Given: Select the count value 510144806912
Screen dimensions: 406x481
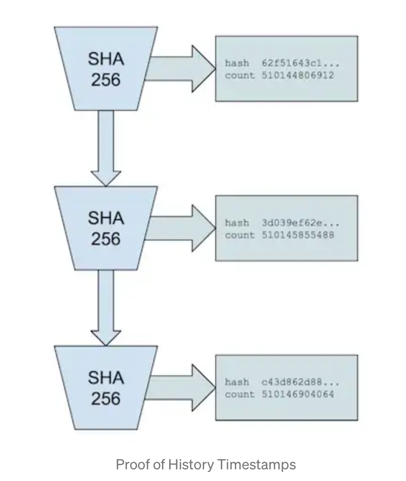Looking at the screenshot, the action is point(298,75).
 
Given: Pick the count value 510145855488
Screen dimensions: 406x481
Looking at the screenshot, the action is point(298,235).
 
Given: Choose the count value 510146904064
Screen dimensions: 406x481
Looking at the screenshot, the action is point(298,394).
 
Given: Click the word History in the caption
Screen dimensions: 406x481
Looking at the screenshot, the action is point(191,465).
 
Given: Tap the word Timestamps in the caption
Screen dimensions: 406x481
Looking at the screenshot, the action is point(256,465).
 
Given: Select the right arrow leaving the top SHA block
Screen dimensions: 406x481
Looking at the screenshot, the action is point(180,69).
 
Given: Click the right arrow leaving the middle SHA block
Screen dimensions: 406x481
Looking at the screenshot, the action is point(180,228).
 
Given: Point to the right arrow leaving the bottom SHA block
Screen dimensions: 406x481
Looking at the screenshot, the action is point(180,388).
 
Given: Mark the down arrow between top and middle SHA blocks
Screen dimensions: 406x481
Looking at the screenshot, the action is point(106,148).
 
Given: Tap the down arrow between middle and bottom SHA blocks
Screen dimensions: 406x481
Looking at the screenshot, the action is point(106,308).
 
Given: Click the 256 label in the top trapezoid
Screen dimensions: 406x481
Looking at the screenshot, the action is point(106,80).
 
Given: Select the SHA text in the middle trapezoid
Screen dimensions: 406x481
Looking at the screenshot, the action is point(106,218).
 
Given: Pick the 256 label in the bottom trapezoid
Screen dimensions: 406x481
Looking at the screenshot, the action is point(106,399).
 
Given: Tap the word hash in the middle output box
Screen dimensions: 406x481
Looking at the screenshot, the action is point(237,223).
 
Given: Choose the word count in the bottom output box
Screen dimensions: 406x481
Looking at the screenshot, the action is point(240,394).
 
